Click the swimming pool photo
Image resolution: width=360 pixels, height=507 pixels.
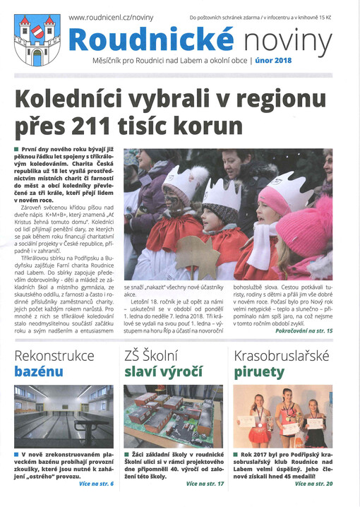(62, 415)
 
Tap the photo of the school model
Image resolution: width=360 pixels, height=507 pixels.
(173, 415)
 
